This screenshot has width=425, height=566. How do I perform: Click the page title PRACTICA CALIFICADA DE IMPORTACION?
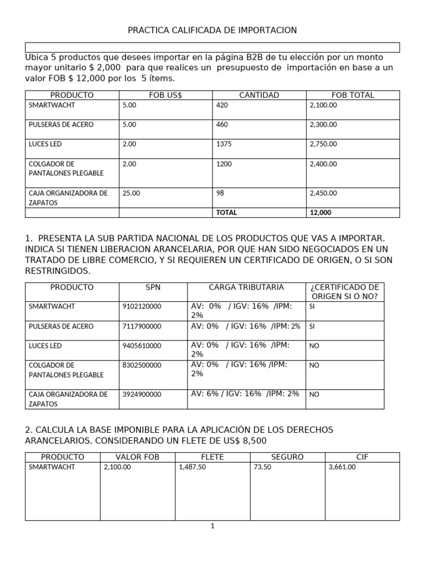[212, 30]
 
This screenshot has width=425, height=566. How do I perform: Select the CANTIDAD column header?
[259, 95]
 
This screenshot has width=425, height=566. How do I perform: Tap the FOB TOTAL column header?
[353, 95]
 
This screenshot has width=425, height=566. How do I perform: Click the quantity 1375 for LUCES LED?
[224, 144]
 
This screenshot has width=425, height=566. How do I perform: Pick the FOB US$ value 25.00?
[131, 193]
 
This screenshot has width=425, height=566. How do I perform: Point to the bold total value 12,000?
[320, 212]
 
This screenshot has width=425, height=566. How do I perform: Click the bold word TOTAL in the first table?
[226, 212]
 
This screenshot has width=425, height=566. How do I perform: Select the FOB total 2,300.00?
[323, 124]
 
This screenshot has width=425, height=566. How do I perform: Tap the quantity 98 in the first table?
[221, 193]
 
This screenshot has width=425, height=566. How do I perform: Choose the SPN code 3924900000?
[142, 394]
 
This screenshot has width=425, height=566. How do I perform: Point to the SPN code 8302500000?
[142, 365]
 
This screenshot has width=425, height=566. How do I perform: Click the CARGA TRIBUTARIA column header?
[246, 287]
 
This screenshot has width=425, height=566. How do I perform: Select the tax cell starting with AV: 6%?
[245, 394]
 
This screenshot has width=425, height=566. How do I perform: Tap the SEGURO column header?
[287, 457]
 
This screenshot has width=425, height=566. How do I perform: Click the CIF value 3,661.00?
[342, 467]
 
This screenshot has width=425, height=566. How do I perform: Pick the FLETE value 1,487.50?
[192, 467]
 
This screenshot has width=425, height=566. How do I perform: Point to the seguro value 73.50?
[264, 467]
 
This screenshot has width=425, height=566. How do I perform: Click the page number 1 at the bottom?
[212, 526]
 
